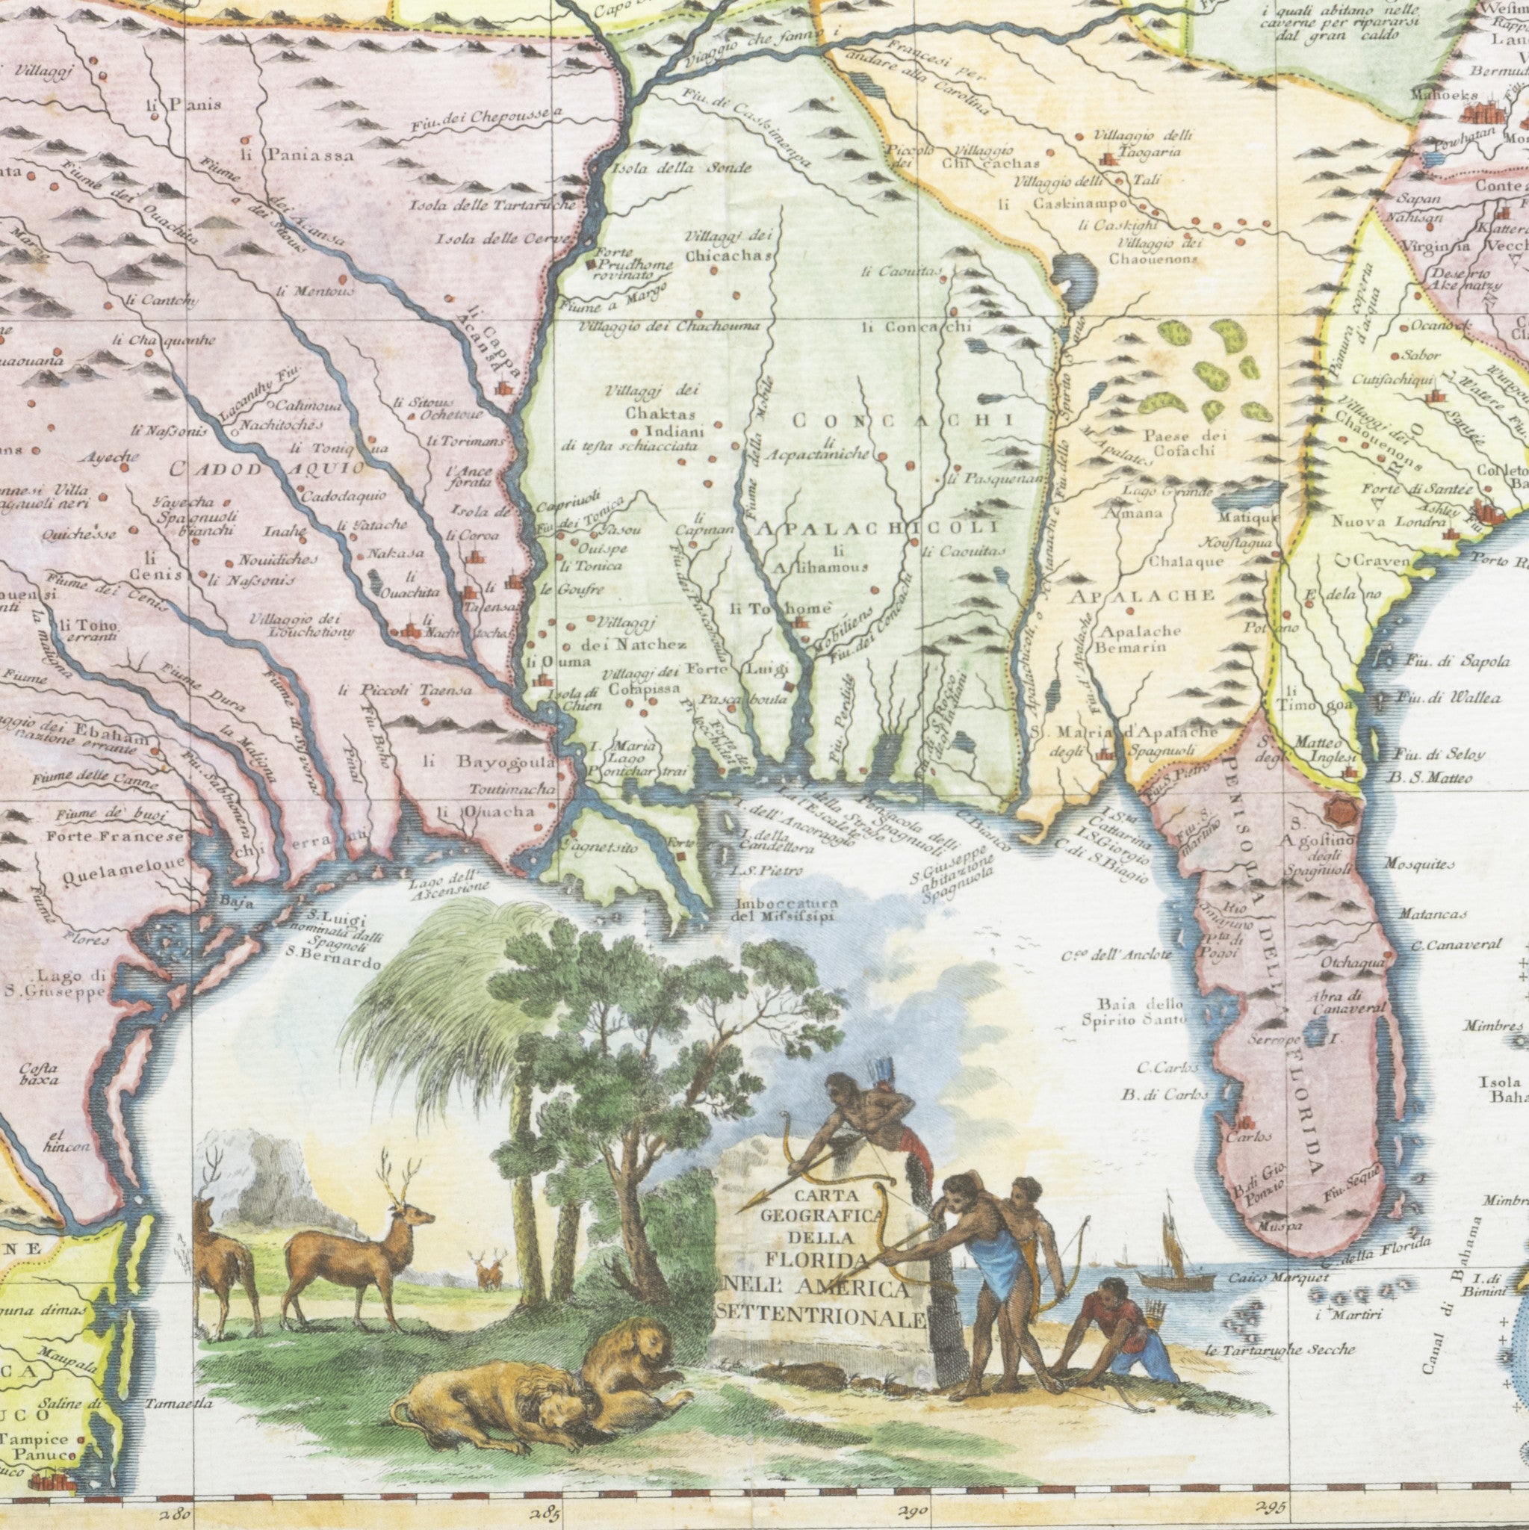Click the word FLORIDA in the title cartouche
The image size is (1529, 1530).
point(816,1261)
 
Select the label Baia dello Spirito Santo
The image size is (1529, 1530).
point(1134,1012)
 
